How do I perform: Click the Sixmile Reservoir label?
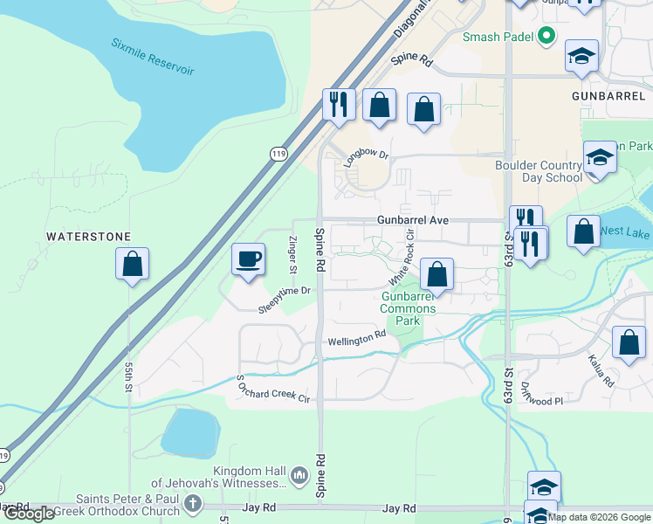(153, 56)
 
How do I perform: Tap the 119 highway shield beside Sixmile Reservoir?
(278, 152)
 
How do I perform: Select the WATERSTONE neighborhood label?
(88, 237)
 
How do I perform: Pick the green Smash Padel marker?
(546, 36)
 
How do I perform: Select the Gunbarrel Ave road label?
(413, 220)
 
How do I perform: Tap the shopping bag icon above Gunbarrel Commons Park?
(437, 274)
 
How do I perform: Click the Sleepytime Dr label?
(285, 300)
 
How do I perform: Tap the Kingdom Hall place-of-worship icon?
(299, 476)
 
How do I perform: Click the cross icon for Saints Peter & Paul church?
(194, 504)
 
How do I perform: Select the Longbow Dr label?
(365, 157)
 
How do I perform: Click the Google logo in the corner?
(29, 514)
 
